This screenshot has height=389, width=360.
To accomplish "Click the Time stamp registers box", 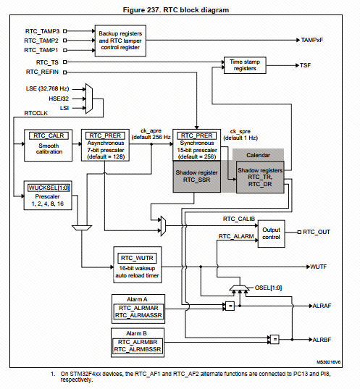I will (x=253, y=66).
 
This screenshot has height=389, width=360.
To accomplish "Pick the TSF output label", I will (x=306, y=66).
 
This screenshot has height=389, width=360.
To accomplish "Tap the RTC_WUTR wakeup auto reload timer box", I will (x=135, y=267).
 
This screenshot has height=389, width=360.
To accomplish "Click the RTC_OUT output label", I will (x=317, y=232).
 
